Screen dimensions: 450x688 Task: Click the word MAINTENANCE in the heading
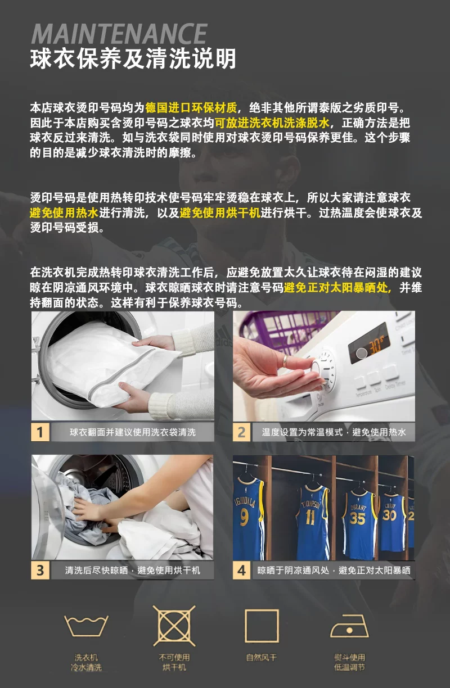pyautogui.click(x=120, y=34)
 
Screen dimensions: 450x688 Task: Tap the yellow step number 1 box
pyautogui.click(x=40, y=432)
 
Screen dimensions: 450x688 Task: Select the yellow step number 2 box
pyautogui.click(x=242, y=432)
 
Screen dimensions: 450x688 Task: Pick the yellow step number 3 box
pyautogui.click(x=40, y=571)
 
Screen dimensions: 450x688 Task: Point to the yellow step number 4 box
pyautogui.click(x=242, y=571)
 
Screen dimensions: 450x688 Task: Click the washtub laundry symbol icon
pyautogui.click(x=86, y=626)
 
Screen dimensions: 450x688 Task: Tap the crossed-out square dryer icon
pyautogui.click(x=174, y=626)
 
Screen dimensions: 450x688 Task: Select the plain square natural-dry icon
pyautogui.click(x=262, y=626)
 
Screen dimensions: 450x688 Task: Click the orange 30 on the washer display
pyautogui.click(x=377, y=346)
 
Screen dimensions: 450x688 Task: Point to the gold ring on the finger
pyautogui.click(x=286, y=361)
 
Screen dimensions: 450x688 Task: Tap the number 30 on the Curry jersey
pyautogui.click(x=389, y=515)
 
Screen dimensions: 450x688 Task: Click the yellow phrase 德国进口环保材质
pyautogui.click(x=191, y=108)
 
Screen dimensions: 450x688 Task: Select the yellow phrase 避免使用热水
pyautogui.click(x=64, y=212)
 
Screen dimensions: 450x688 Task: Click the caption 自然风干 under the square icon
pyautogui.click(x=262, y=658)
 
